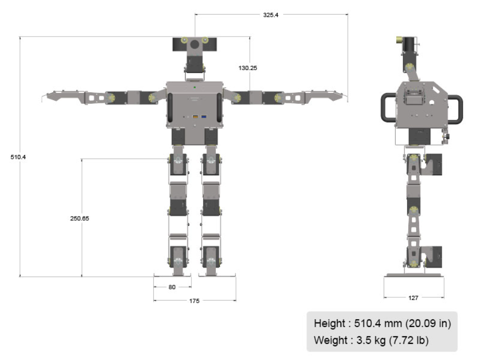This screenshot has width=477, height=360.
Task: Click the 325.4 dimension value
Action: [271, 15]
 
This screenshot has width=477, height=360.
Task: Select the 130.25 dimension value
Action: [248, 68]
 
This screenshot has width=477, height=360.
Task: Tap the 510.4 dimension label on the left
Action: [18, 157]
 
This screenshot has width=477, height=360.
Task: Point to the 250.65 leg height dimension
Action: [80, 219]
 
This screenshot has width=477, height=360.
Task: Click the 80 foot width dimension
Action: [172, 287]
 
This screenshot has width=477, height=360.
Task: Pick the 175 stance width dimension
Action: [194, 301]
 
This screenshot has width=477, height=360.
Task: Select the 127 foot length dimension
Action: [413, 298]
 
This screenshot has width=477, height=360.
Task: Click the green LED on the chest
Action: [194, 88]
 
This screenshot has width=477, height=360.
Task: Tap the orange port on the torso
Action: [195, 116]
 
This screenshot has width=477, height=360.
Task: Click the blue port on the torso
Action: [204, 116]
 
